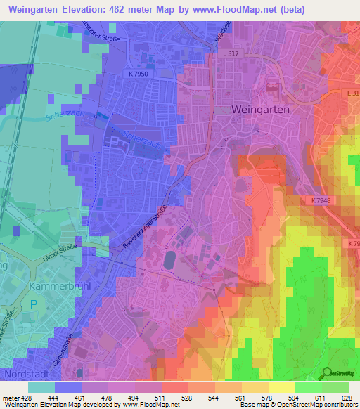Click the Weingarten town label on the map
[x=260, y=110]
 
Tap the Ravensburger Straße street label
[x=144, y=226]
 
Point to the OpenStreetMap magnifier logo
[x=327, y=372]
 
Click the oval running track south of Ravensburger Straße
[x=169, y=261]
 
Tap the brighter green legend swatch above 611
[x=308, y=387]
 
